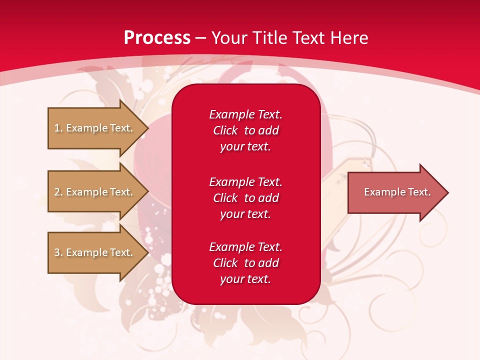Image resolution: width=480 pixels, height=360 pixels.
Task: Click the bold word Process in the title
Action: pos(157,38)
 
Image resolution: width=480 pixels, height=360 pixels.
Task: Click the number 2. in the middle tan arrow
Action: pos(58,192)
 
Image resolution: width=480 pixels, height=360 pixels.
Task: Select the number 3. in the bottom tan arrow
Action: pos(58,252)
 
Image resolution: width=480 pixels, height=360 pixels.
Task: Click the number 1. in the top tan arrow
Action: pos(58,128)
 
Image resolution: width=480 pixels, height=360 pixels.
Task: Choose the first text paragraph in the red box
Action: pos(245,130)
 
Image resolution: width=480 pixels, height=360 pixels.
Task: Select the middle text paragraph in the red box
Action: pos(245,198)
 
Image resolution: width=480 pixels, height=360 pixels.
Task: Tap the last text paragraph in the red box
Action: pos(245,263)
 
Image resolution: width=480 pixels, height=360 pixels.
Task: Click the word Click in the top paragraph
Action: pos(225,130)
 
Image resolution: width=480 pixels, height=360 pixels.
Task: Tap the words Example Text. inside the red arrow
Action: pos(397,192)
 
